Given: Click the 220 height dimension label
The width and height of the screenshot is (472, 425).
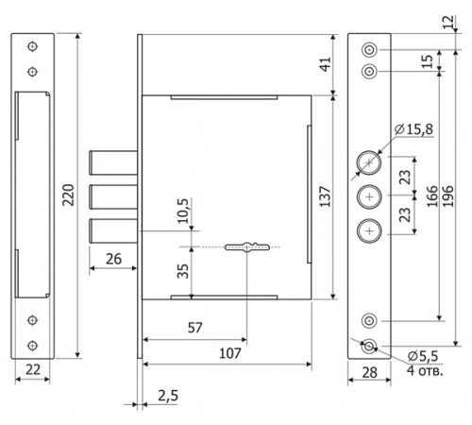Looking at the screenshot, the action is [x=68, y=195].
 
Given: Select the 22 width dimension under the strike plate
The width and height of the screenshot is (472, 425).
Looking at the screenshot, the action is [x=33, y=369].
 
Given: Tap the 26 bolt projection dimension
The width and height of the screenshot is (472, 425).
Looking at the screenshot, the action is [x=113, y=259].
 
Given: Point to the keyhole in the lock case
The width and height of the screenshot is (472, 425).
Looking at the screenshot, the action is [x=247, y=246].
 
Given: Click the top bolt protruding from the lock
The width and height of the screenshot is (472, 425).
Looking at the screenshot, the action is [x=113, y=162].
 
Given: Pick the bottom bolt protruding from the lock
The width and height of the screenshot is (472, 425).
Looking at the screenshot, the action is [x=113, y=230].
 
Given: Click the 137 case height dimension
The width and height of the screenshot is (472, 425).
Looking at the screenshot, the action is [x=326, y=197].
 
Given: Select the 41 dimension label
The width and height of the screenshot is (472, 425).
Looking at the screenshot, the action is [x=327, y=64].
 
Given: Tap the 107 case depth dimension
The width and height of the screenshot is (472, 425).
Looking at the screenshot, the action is [x=230, y=353].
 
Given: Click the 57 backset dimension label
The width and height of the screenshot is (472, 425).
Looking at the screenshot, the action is [x=194, y=328].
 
